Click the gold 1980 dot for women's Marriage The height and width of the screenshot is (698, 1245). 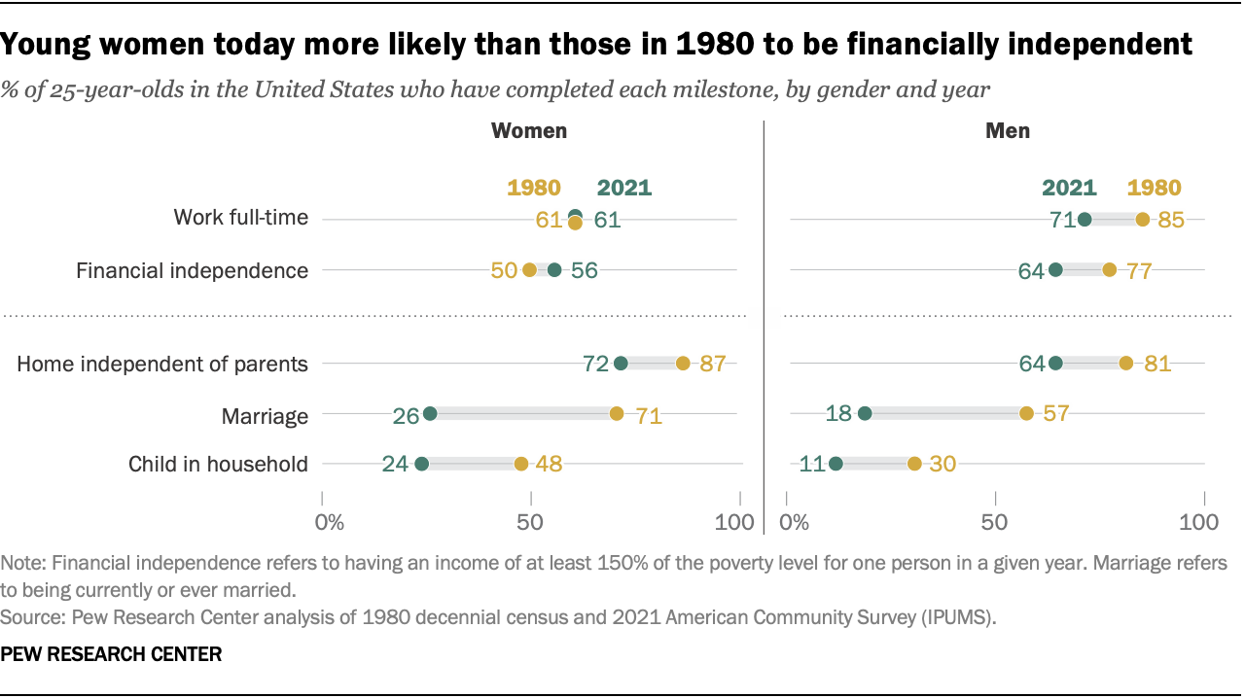[x=617, y=413]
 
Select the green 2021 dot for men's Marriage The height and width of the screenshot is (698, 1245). [x=865, y=413]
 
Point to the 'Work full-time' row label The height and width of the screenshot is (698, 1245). [x=240, y=218]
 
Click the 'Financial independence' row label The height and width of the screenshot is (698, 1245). [x=192, y=270]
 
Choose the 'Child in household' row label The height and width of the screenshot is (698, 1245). [x=218, y=464]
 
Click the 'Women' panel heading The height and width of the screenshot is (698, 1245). [x=529, y=130]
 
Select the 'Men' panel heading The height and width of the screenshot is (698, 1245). [x=1008, y=130]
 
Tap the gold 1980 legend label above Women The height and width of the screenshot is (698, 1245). [x=534, y=189]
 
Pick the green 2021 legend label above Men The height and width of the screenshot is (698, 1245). [x=1069, y=189]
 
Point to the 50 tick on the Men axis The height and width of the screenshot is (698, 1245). [x=995, y=522]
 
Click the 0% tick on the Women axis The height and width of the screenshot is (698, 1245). [x=331, y=522]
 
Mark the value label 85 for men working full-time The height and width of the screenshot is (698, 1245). [x=1171, y=220]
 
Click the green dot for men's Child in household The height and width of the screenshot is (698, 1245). [x=836, y=464]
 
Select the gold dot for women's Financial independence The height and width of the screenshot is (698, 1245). [x=529, y=270]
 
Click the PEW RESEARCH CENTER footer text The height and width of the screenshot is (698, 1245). [x=111, y=654]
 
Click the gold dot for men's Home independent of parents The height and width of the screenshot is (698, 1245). [x=1125, y=364]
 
